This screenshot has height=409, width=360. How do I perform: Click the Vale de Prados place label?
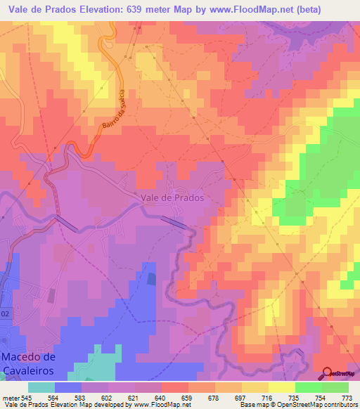(x=173, y=197)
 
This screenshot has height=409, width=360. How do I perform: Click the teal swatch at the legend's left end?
(x=41, y=387)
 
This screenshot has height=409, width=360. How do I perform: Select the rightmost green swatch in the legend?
(x=335, y=387)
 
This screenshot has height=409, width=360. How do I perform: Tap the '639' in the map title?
(x=160, y=9)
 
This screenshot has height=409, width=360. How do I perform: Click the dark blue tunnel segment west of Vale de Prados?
(x=68, y=223)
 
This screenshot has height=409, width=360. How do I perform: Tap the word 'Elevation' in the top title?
(x=115, y=9)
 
